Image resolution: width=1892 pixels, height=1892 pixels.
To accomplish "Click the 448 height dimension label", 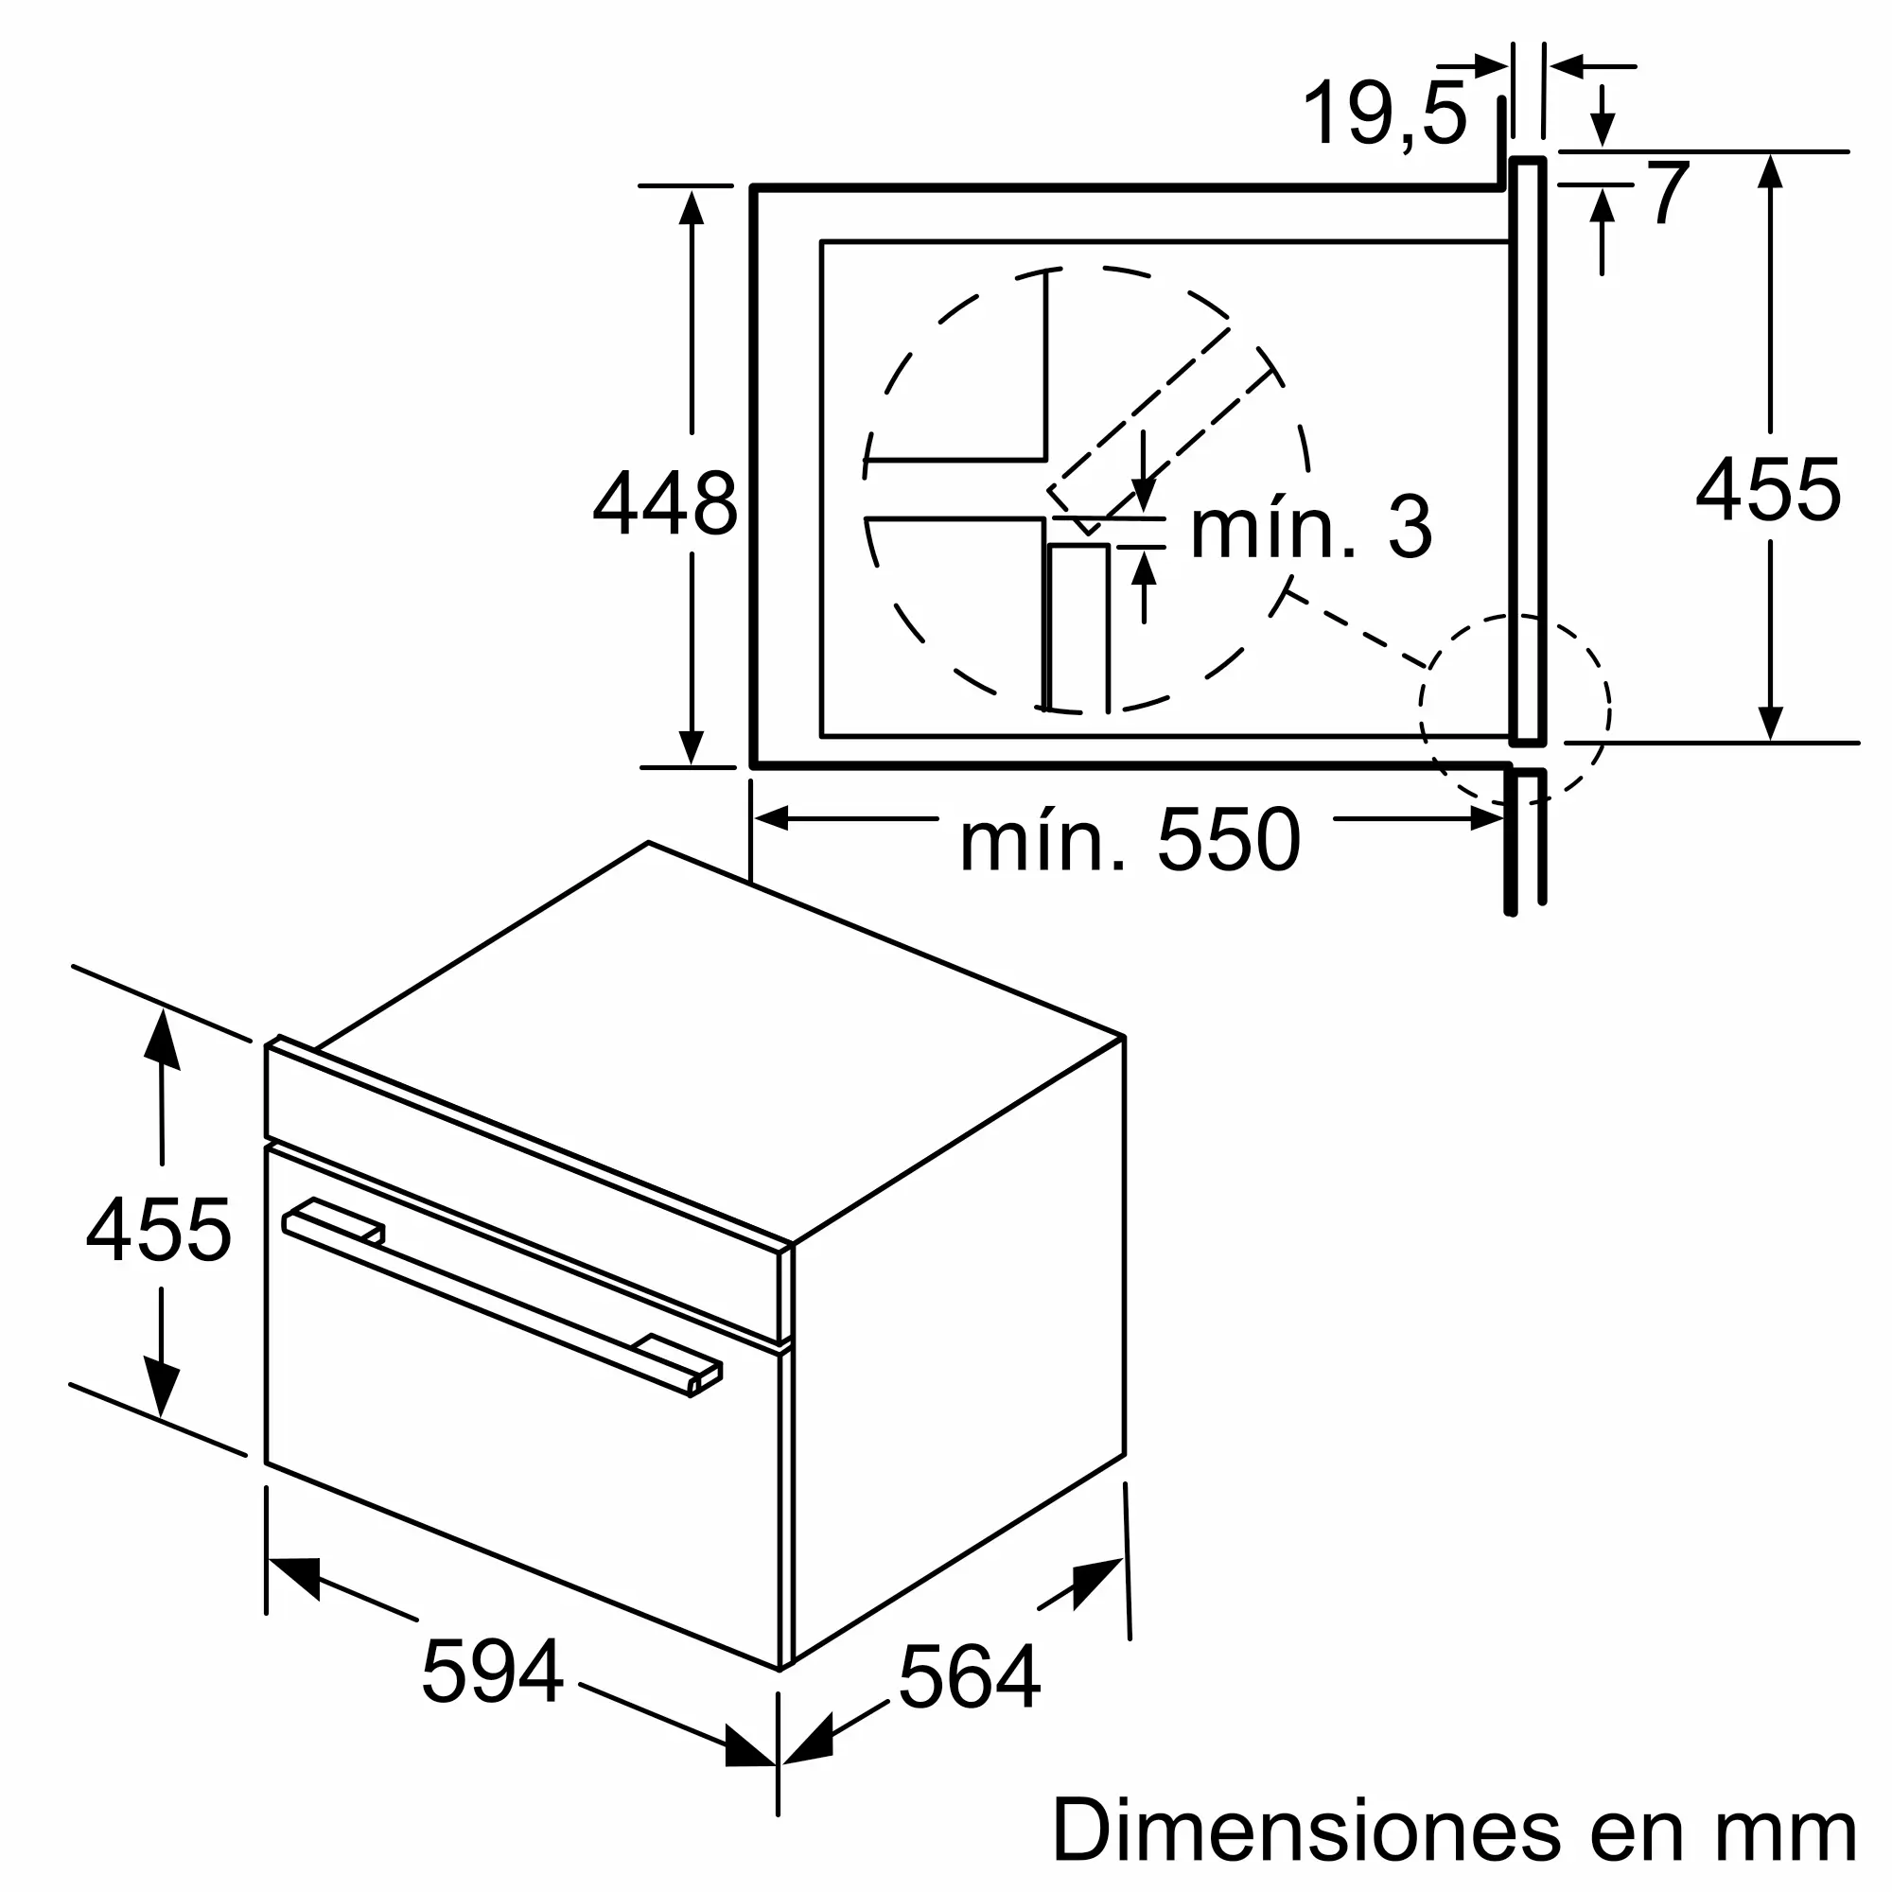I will tap(665, 503).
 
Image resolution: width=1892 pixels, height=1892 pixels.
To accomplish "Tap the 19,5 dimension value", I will tap(1385, 114).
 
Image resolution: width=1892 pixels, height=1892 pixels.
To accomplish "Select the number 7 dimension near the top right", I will tap(1668, 193).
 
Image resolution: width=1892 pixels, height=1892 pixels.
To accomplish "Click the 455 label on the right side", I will tap(1768, 490).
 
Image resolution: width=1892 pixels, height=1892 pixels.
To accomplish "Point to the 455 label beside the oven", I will tap(159, 1230).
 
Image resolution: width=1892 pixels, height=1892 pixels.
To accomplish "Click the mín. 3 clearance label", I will tap(1310, 529).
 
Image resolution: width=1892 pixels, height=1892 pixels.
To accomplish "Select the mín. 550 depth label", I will tap(1130, 840).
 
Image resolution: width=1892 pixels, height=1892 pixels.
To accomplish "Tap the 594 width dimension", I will tap(492, 1671).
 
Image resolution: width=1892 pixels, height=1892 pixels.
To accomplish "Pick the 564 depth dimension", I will tap(969, 1678).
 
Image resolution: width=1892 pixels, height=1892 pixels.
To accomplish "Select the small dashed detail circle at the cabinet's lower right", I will tap(1514, 710).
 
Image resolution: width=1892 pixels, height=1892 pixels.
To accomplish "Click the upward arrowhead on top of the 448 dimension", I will tap(692, 207).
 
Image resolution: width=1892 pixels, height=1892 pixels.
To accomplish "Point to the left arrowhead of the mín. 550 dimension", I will tap(772, 817).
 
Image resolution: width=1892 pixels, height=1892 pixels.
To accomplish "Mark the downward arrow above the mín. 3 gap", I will tap(1143, 496).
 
